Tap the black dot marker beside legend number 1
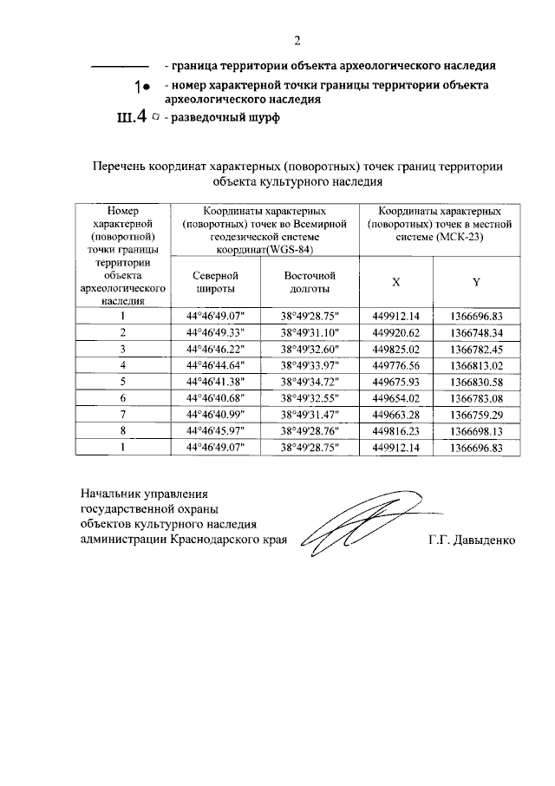[147, 87]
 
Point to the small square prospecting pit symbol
[154, 116]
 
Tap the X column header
[396, 282]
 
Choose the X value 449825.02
[395, 349]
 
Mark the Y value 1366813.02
[476, 365]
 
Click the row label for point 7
[123, 415]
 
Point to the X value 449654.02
[395, 398]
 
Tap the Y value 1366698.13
[476, 431]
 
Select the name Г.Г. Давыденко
[471, 540]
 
